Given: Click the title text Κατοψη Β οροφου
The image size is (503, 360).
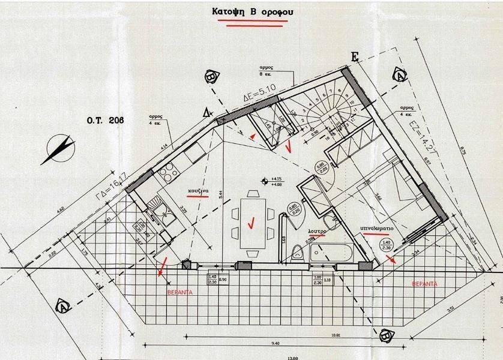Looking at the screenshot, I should coord(251,11).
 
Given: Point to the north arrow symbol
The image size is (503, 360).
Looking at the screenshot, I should coord(58,149).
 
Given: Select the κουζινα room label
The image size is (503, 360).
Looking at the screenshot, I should coord(197,190).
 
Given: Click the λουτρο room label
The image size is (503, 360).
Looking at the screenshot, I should coord(317,230).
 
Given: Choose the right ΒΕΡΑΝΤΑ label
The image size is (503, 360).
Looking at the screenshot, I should coord(424,283).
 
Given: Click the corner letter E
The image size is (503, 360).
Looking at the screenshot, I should coord(354,57).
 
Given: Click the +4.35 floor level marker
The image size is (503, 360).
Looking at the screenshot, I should coord(277,179).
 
